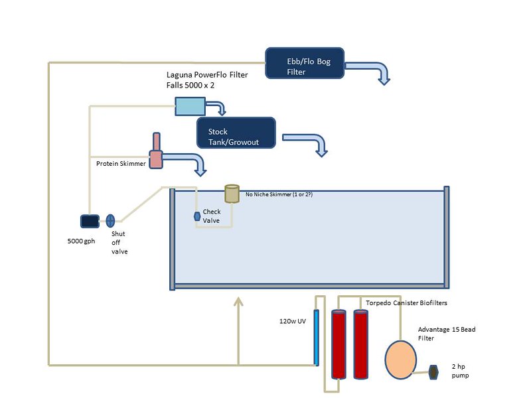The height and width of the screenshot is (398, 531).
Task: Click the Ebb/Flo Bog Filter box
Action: [305, 63]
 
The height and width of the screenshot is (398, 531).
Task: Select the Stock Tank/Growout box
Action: [236, 133]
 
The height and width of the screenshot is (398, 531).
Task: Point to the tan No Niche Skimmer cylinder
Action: [232, 193]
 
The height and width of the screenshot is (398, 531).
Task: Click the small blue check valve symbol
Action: [197, 216]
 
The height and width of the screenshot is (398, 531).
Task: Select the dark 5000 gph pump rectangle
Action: [90, 221]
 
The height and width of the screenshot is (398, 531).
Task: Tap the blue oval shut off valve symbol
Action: [111, 220]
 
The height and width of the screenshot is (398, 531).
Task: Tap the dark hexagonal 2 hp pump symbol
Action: [435, 371]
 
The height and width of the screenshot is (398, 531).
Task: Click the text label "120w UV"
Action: [292, 322]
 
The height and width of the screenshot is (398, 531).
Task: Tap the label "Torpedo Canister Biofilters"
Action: [407, 302]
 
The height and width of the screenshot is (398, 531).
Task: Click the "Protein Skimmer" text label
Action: [121, 163]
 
